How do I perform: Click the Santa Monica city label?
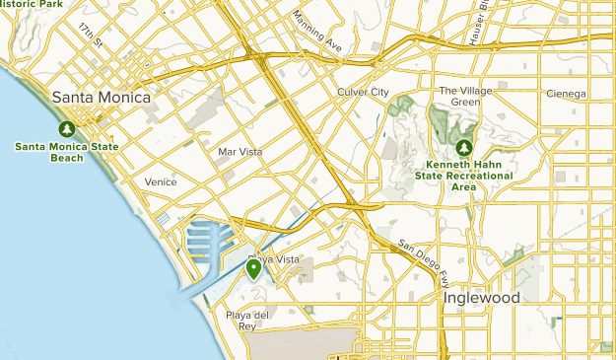pyautogui.click(x=102, y=98)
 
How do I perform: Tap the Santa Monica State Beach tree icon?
pyautogui.click(x=66, y=129)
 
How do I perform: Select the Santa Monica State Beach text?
pyautogui.click(x=66, y=152)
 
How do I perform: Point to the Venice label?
pyautogui.click(x=160, y=182)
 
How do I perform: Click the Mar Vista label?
pyautogui.click(x=240, y=152)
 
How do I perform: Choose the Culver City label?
pyautogui.click(x=365, y=92)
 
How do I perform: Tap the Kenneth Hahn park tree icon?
pyautogui.click(x=463, y=148)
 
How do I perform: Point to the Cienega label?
pyautogui.click(x=566, y=95)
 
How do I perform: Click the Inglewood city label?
pyautogui.click(x=481, y=297)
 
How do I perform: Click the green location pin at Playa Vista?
pyautogui.click(x=253, y=268)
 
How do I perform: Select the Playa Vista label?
pyautogui.click(x=273, y=259)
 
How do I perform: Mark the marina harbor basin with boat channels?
pyautogui.click(x=210, y=247)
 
